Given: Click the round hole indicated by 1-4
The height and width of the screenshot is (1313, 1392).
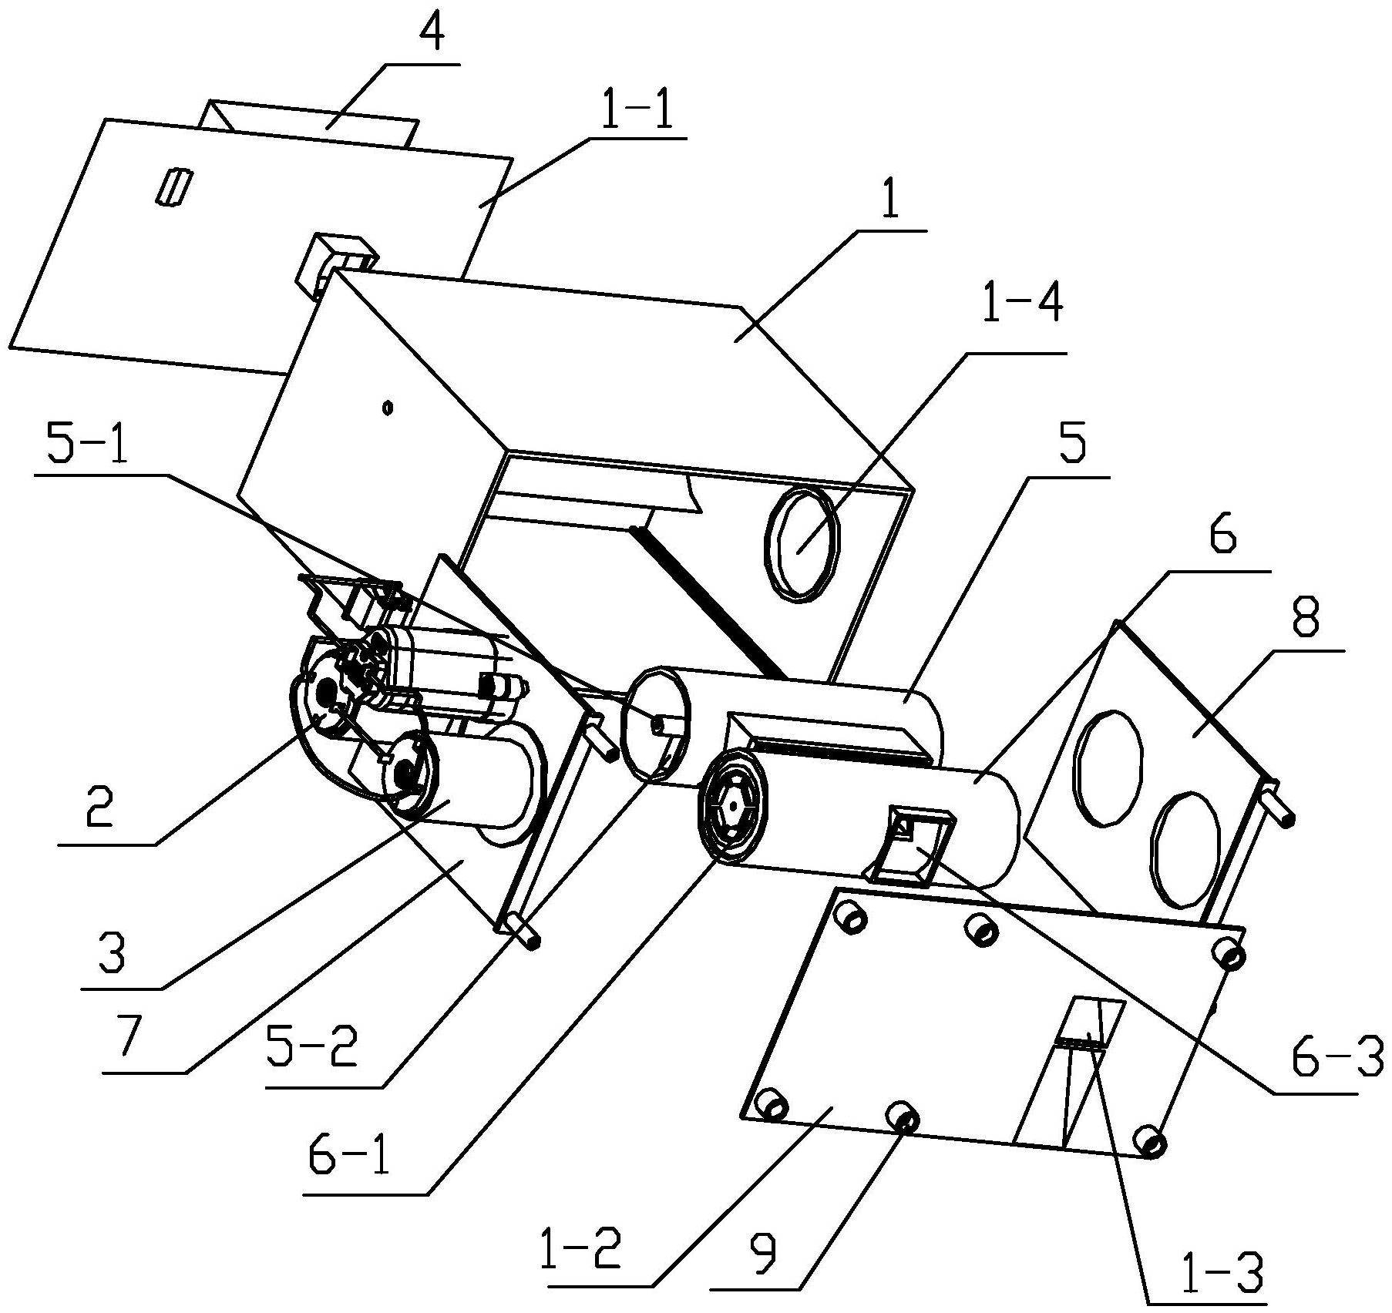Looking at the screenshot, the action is click(x=802, y=543).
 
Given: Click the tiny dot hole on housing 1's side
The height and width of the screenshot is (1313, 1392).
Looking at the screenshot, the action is click(x=388, y=406).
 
